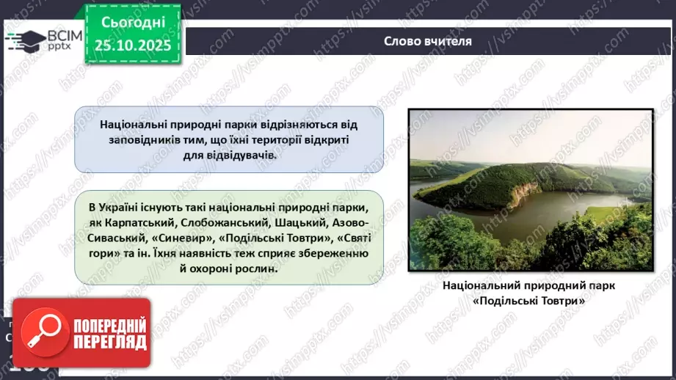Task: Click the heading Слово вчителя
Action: tap(428, 40)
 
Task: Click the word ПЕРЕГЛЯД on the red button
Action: tap(109, 343)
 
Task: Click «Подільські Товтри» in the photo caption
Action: tap(529, 301)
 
